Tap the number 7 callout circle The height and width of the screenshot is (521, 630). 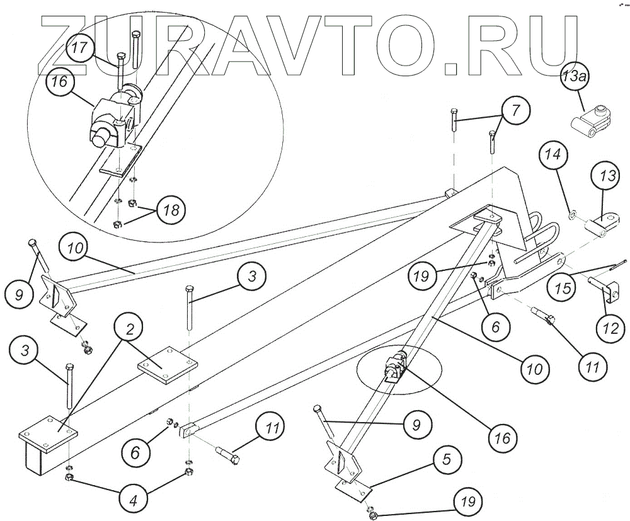click(x=515, y=111)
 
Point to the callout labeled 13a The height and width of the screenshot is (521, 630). click(x=574, y=77)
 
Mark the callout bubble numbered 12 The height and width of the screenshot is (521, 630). click(x=609, y=327)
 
